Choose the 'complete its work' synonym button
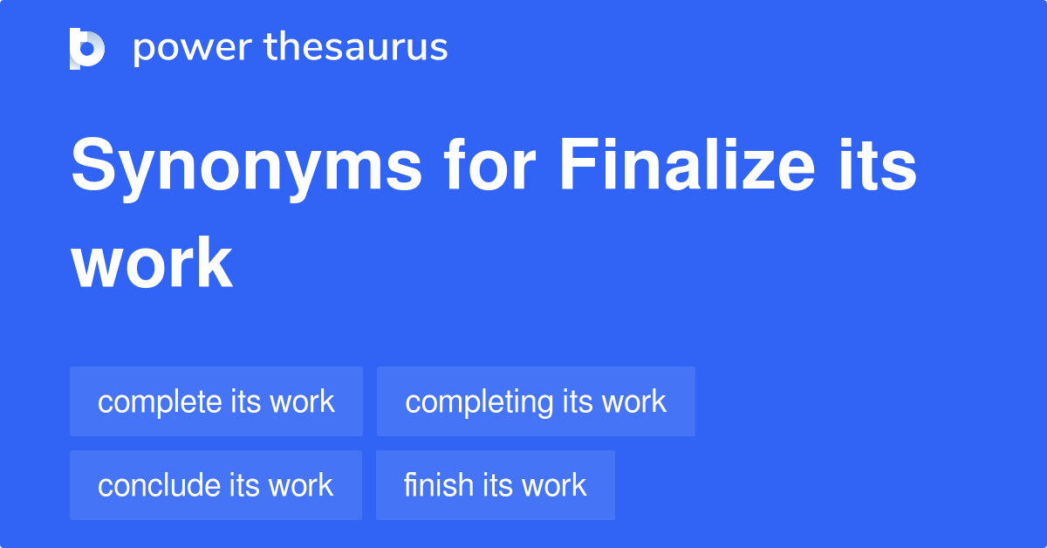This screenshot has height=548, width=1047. coord(216,401)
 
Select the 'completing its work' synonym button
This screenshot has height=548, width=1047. coord(536,401)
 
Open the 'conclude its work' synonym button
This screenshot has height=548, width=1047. coord(216,485)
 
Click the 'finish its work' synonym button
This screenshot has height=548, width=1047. coord(496,485)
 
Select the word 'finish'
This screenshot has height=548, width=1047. coord(438,485)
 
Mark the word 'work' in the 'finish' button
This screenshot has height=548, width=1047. coord(554,485)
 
